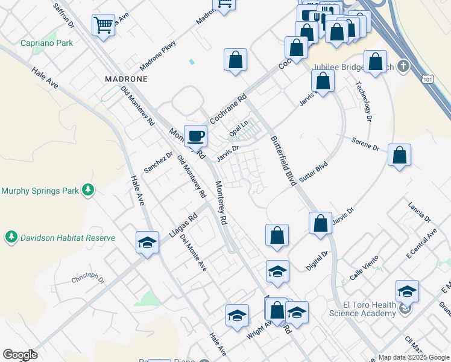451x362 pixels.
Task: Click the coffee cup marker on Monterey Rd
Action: pos(195,136)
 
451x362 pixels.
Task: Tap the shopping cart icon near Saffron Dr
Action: pos(103,25)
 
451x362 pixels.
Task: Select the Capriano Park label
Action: pos(46,43)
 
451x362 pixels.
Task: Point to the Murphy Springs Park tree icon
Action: pos(89,191)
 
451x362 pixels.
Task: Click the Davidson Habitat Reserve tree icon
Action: pos(11,238)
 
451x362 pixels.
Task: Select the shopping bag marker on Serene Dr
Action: pos(400,155)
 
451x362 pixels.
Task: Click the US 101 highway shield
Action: pos(428,79)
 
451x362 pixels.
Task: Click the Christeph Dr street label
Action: pos(88,280)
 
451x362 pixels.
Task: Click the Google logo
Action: pos(20,355)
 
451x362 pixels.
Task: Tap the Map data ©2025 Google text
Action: pos(413,357)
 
